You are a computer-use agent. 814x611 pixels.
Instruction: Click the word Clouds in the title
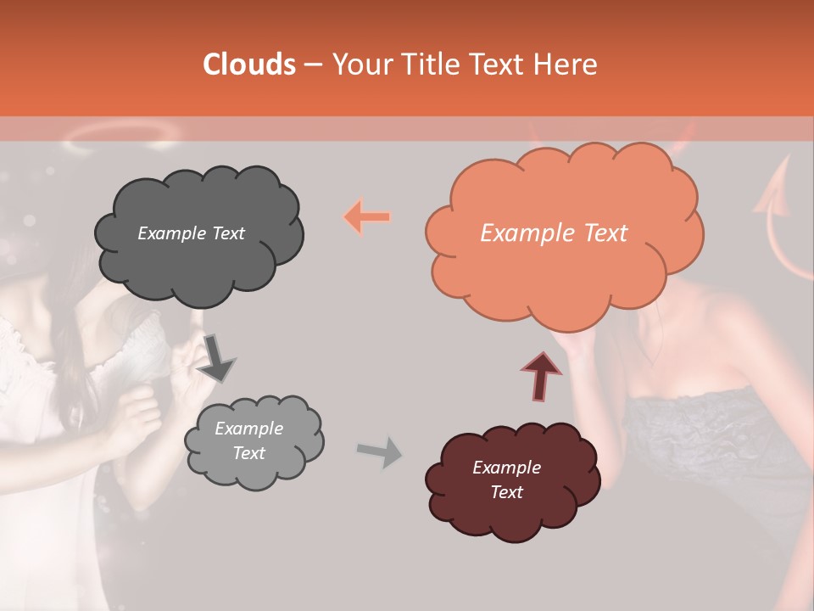tap(249, 64)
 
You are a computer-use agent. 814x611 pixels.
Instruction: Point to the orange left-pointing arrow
tap(367, 217)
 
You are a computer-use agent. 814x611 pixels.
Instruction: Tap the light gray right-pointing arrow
tap(379, 451)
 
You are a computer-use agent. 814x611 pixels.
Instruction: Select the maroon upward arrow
tap(540, 373)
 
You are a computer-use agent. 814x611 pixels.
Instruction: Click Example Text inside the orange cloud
tap(554, 233)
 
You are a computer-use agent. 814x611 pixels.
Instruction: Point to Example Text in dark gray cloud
tap(191, 233)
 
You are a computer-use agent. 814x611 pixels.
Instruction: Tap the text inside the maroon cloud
tap(506, 479)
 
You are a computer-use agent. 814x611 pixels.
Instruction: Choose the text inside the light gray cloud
tap(248, 440)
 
